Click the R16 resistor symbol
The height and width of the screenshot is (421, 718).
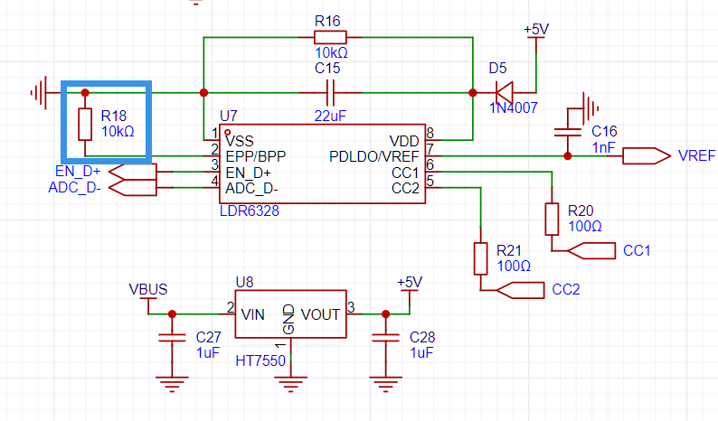pos(330,37)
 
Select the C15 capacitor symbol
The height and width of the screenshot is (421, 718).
pos(330,93)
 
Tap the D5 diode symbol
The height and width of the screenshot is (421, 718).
pos(505,93)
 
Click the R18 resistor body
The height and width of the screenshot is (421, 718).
pos(85,124)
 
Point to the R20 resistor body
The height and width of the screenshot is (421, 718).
pos(552,220)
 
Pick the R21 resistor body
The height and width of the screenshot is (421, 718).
pos(480,259)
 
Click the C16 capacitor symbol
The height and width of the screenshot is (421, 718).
pos(568,132)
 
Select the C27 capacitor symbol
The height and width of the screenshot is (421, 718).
pos(172,338)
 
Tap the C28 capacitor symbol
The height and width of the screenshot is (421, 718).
pos(385,338)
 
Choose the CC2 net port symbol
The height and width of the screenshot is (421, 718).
pos(520,290)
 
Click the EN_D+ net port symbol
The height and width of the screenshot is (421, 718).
pos(133,172)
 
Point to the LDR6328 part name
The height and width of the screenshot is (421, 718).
pos(250,211)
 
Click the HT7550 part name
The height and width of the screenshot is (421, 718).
pos(260,361)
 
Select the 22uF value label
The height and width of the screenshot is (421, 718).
pos(330,117)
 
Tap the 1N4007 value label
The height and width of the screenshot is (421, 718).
pos(514,108)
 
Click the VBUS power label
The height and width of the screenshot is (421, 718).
pos(148,290)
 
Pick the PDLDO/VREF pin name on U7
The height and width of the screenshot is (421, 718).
pos(374,157)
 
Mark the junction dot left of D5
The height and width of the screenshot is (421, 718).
pos(473,93)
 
